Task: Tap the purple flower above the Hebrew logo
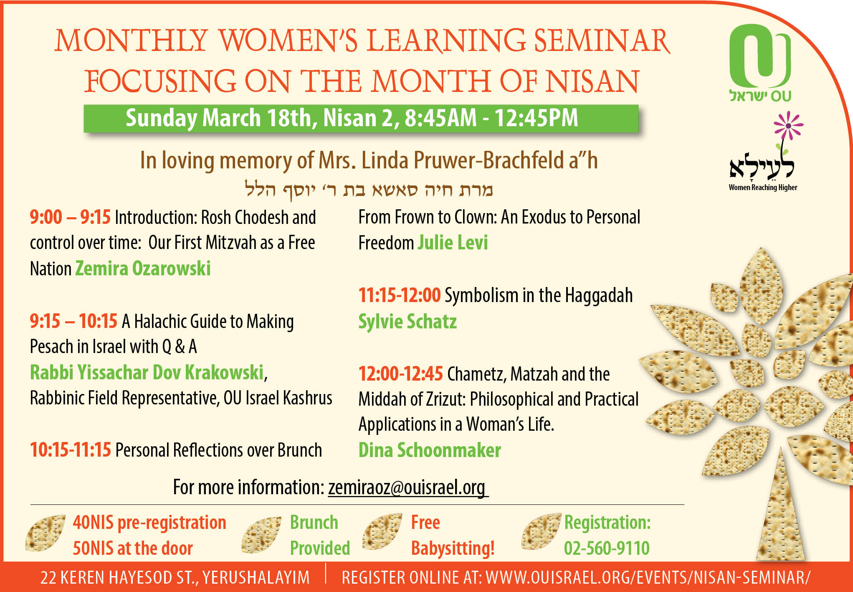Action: click(788, 125)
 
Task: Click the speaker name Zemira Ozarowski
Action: click(143, 268)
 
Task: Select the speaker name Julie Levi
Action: click(453, 243)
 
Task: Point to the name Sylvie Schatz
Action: click(408, 322)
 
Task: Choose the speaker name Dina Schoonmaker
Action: click(430, 450)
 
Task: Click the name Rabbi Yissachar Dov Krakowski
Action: click(147, 373)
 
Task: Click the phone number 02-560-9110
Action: click(607, 548)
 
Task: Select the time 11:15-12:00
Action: click(400, 295)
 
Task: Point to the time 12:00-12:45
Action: click(400, 374)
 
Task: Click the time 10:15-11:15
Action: click(71, 450)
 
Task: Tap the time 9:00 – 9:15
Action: click(70, 217)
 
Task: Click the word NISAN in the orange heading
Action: click(592, 81)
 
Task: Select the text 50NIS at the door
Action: click(133, 548)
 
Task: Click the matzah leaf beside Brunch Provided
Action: click(261, 535)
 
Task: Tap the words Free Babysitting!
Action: click(453, 536)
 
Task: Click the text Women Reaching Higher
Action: click(763, 188)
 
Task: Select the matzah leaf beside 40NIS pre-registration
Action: click(45, 533)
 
